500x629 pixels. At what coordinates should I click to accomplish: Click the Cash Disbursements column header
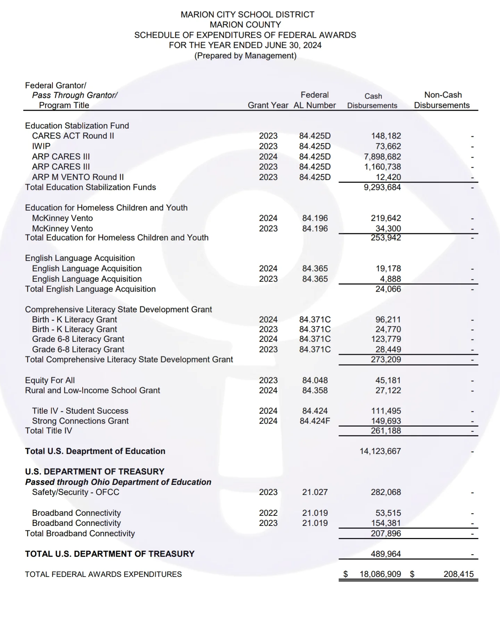tap(372, 101)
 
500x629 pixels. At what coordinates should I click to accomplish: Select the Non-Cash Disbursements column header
tap(442, 100)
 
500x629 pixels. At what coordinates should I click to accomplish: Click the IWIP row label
tap(41, 146)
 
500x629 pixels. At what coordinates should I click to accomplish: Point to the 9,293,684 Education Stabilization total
tap(382, 187)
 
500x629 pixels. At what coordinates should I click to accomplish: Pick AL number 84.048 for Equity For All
tap(315, 380)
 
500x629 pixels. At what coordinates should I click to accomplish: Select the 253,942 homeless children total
tap(386, 238)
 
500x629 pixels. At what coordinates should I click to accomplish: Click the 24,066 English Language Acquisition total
tap(388, 289)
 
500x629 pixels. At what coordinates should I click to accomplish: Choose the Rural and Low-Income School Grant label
tap(92, 391)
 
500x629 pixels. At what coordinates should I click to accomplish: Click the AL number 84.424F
tap(315, 421)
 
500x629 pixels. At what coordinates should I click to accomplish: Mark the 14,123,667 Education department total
tap(380, 451)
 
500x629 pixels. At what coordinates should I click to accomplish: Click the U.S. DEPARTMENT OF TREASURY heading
tap(94, 472)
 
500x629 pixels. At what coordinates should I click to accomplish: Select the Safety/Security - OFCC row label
tap(75, 492)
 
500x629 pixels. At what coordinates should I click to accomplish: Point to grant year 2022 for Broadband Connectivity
tap(268, 513)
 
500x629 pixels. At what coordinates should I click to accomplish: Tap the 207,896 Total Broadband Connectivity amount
tap(386, 534)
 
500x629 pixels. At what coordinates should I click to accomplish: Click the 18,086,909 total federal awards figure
tap(380, 574)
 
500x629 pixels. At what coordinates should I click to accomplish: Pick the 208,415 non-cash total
tap(458, 574)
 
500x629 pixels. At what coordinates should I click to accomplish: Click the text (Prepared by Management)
tap(245, 56)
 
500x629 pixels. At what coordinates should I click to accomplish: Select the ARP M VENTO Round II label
tap(78, 177)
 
